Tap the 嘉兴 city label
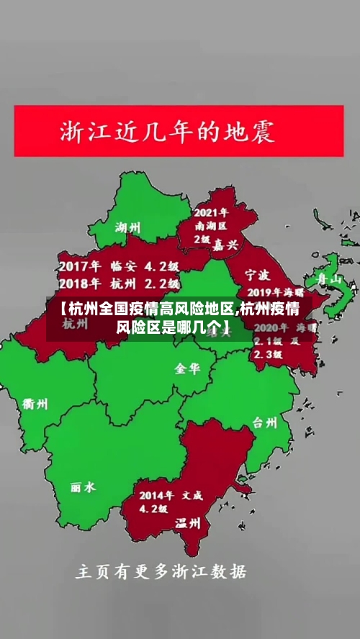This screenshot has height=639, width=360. pyautogui.click(x=225, y=245)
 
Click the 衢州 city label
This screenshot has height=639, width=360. pyautogui.click(x=35, y=404)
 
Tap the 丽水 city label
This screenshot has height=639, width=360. pyautogui.click(x=83, y=487)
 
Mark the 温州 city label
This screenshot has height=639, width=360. pyautogui.click(x=188, y=523)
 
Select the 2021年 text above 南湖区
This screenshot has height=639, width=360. pyautogui.click(x=211, y=212)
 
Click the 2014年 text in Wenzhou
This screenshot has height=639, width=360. pyautogui.click(x=156, y=495)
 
